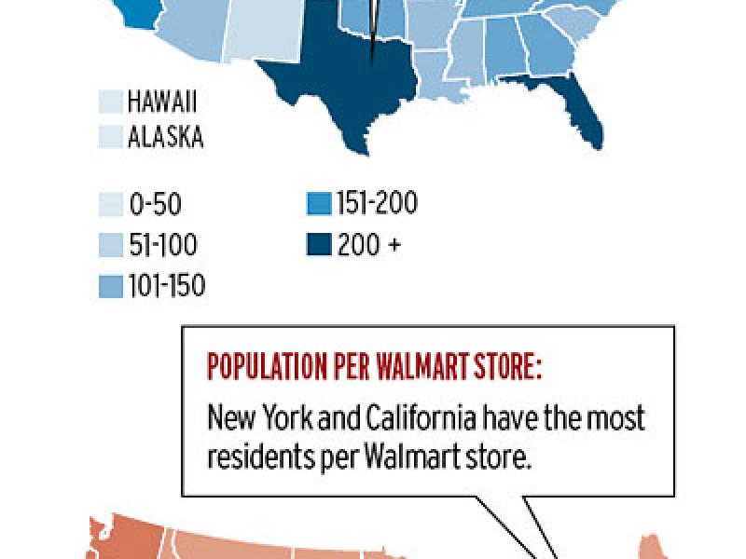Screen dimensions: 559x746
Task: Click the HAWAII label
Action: pyautogui.click(x=163, y=102)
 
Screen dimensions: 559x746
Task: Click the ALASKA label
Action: pyautogui.click(x=166, y=137)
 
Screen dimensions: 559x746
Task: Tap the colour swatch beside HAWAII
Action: pyautogui.click(x=110, y=102)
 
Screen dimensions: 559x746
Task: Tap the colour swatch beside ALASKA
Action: pyautogui.click(x=110, y=137)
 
